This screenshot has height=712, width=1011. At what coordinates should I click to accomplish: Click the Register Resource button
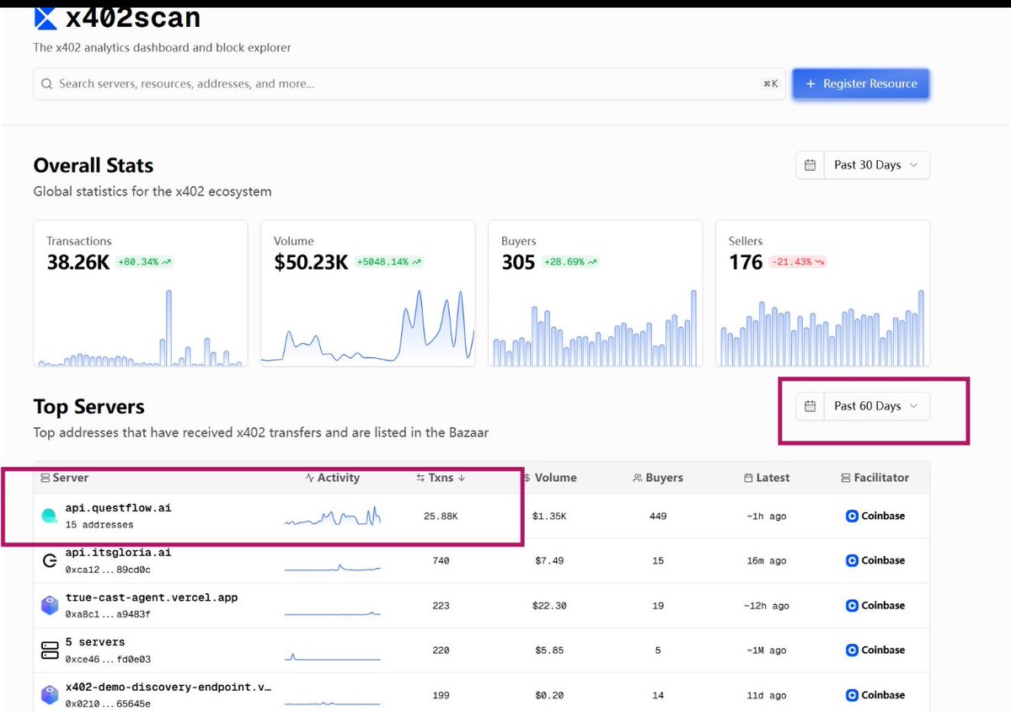click(860, 84)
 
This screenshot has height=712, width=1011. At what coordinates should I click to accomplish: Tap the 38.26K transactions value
click(78, 262)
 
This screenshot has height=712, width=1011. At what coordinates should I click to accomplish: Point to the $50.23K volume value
click(311, 262)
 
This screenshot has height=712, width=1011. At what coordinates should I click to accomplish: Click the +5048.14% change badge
click(388, 262)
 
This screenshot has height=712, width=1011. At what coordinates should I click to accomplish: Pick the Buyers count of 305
click(518, 262)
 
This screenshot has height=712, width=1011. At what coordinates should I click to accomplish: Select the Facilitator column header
click(880, 478)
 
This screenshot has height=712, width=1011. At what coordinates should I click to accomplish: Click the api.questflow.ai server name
click(118, 508)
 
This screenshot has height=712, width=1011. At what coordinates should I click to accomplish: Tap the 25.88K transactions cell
click(441, 516)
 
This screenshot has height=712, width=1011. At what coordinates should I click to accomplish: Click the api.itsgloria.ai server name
click(118, 553)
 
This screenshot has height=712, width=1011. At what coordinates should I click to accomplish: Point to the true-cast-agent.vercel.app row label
click(152, 597)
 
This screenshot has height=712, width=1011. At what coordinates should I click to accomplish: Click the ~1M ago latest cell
click(766, 650)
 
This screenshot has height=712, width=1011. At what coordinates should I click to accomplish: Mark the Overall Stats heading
click(94, 165)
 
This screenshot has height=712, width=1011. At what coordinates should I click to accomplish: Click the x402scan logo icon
click(45, 17)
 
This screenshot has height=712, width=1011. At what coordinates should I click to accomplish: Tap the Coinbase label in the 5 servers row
click(882, 650)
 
